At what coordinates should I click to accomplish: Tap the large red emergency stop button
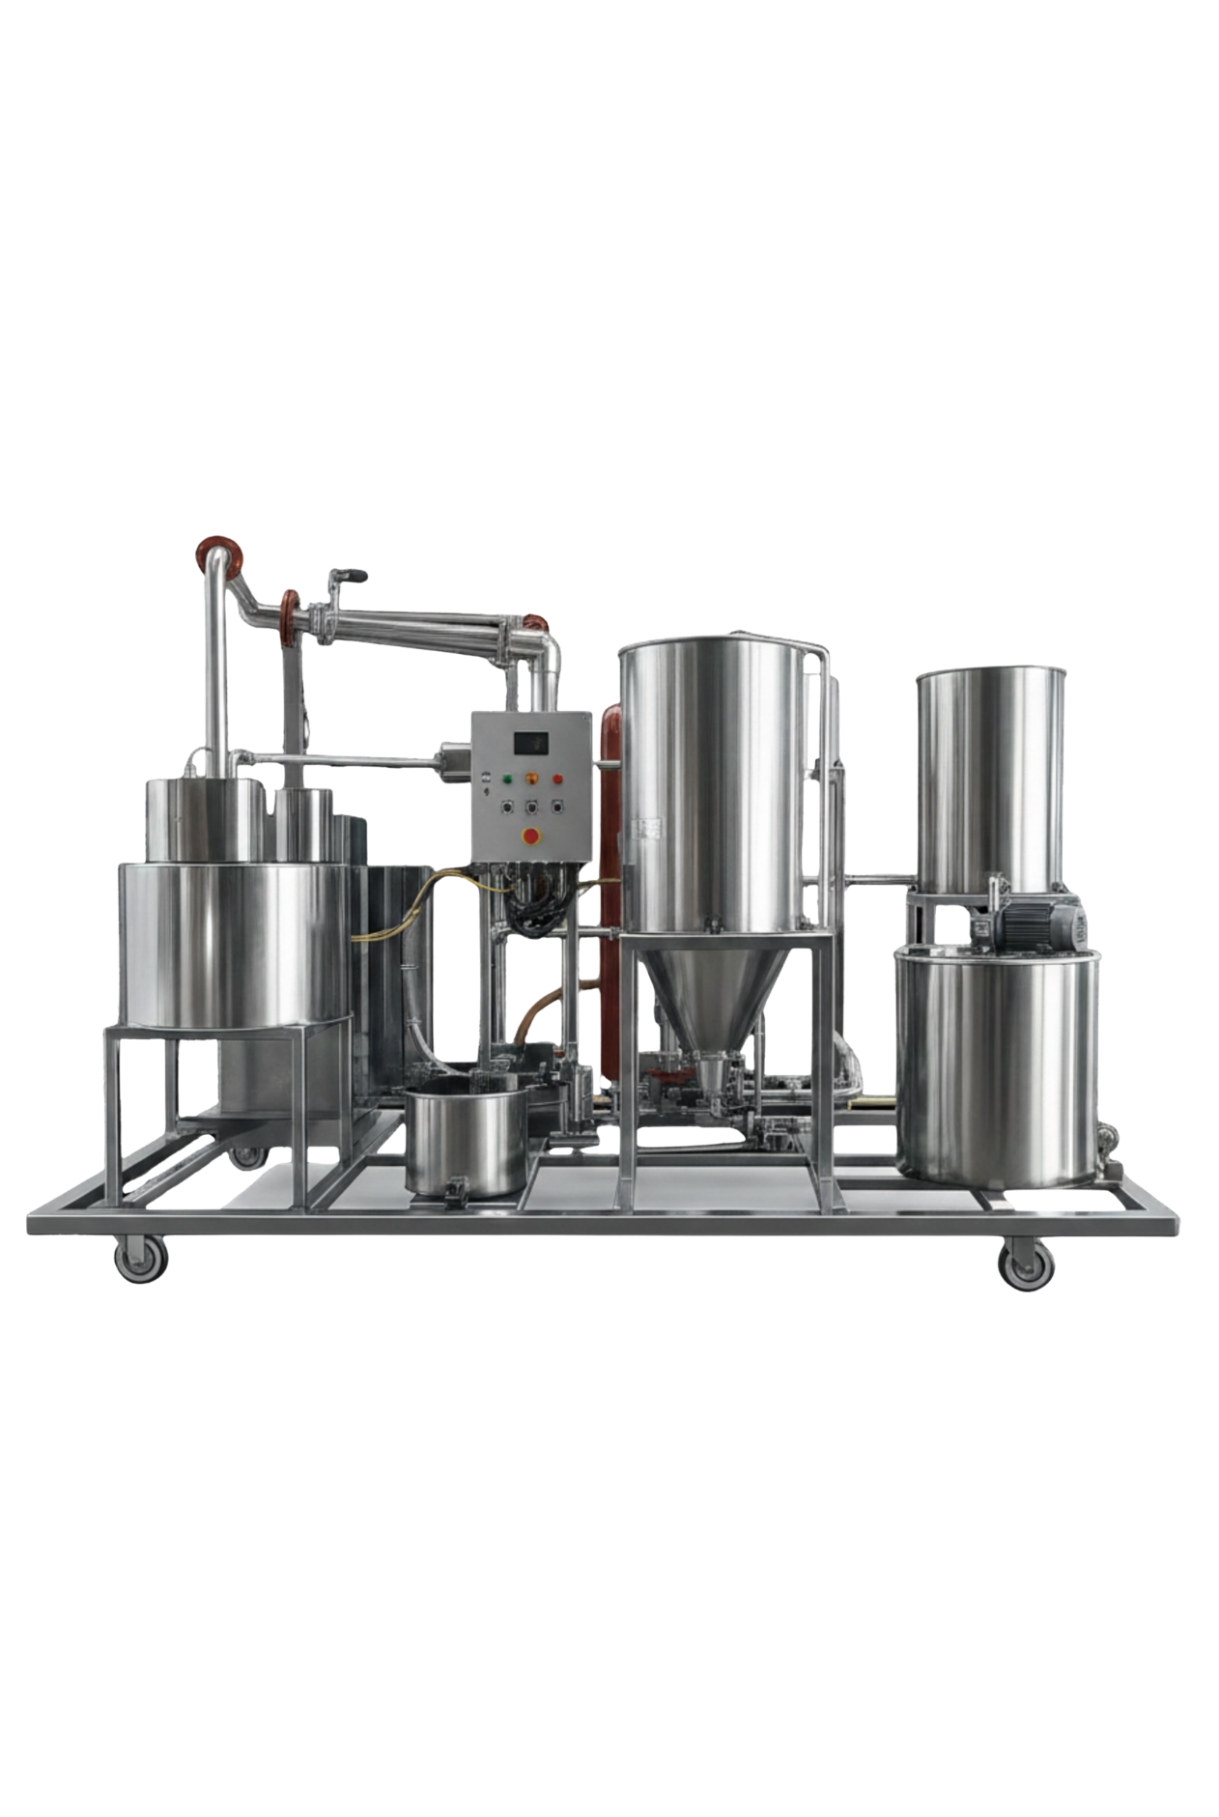click(x=530, y=834)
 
